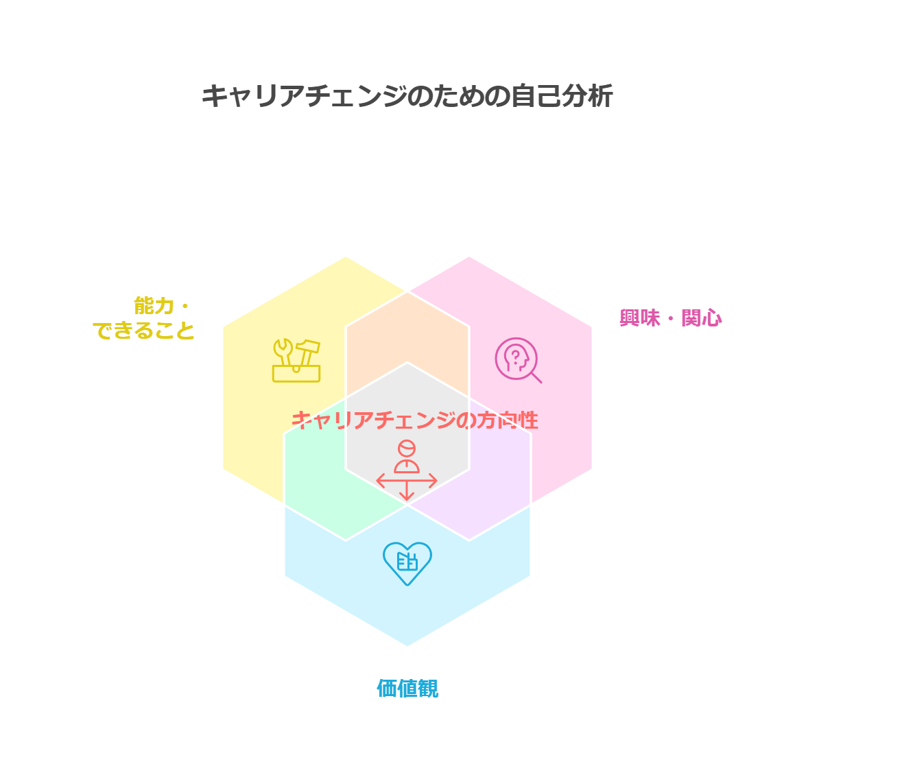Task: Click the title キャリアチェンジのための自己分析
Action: click(x=407, y=96)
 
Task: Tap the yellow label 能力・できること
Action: click(x=143, y=318)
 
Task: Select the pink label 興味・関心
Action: click(x=670, y=318)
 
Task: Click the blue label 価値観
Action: click(x=407, y=689)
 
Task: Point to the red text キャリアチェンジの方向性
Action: click(x=415, y=420)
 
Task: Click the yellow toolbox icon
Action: click(x=296, y=361)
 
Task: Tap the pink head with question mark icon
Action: click(x=518, y=360)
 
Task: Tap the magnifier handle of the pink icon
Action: click(x=536, y=377)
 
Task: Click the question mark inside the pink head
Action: click(x=515, y=357)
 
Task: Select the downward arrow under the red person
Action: click(x=407, y=491)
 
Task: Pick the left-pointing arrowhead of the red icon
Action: click(x=380, y=481)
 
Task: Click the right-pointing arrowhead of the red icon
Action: click(x=434, y=481)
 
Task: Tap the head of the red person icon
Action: click(x=407, y=448)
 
